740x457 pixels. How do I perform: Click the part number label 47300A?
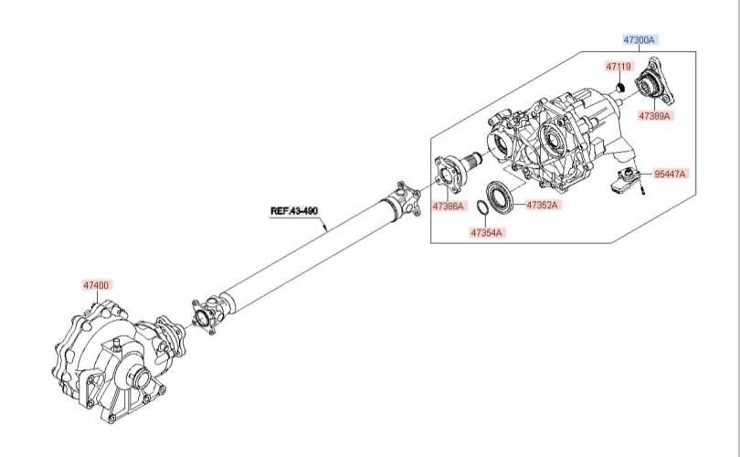[x=639, y=39]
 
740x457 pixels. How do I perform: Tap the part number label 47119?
[x=618, y=67]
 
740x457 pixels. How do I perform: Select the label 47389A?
[x=654, y=116]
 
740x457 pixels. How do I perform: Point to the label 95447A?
[x=670, y=174]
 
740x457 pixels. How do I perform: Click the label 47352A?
[x=542, y=205]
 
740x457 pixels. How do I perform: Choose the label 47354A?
[x=487, y=232]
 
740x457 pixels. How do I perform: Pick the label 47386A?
[x=449, y=206]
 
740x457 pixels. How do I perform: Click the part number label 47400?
[x=96, y=285]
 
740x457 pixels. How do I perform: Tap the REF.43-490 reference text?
[x=294, y=210]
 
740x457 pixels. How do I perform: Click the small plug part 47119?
[x=620, y=88]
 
